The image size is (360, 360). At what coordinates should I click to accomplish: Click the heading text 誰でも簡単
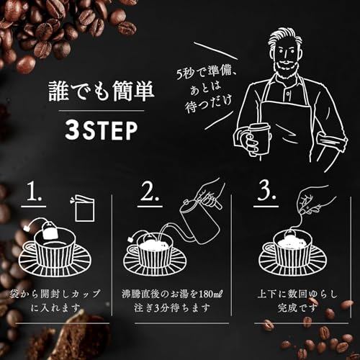pos(102,91)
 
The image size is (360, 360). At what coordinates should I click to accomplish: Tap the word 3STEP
pos(102,130)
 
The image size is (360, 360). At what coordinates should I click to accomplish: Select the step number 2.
pos(150,192)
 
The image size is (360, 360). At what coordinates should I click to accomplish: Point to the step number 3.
pos(266,192)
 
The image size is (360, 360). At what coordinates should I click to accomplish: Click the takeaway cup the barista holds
pos(260,140)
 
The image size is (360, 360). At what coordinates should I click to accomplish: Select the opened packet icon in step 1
pos(83,208)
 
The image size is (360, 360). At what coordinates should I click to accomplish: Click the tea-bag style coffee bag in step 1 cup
pos(50,230)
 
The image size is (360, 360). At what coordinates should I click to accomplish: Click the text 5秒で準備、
pos(206,71)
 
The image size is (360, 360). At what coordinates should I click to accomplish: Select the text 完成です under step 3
pos(297,308)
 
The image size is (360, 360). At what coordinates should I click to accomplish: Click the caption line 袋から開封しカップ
pos(55,294)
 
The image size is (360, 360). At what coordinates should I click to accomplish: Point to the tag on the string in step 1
pos(27,229)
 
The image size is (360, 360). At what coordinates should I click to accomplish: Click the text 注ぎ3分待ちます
pos(172,308)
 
